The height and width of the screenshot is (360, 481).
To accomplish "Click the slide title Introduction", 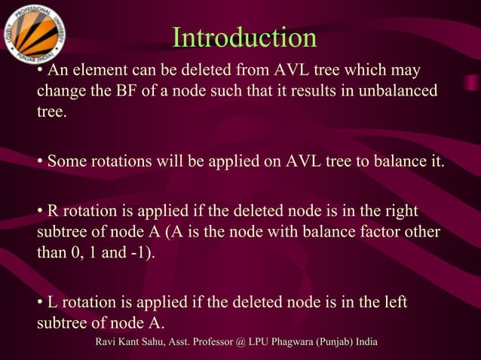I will (x=244, y=38).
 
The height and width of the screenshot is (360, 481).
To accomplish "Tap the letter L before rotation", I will (x=52, y=302).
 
